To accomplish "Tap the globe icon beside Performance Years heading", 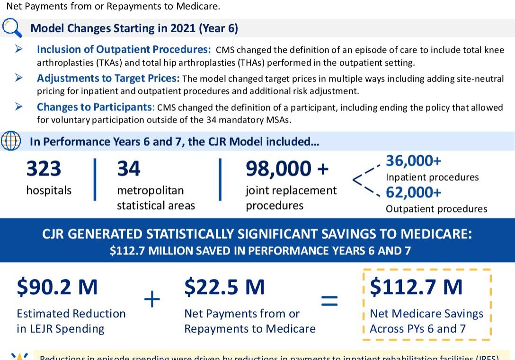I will click(11, 141).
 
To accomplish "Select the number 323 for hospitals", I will click(44, 169).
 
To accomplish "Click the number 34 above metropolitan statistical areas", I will click(129, 169).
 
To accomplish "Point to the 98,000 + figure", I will click(287, 169).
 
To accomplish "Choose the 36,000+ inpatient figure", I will click(413, 161).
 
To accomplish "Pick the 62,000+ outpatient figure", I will click(413, 193).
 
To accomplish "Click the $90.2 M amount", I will click(57, 287).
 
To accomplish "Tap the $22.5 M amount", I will click(224, 287).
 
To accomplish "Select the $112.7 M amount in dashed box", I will click(416, 287).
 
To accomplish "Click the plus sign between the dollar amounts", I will click(152, 300).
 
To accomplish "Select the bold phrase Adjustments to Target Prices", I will click(108, 79).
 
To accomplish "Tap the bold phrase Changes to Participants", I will click(96, 107).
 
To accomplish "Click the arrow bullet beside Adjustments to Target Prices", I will click(19, 78).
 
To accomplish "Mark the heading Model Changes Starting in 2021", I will click(134, 28).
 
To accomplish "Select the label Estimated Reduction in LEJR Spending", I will click(71, 321).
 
